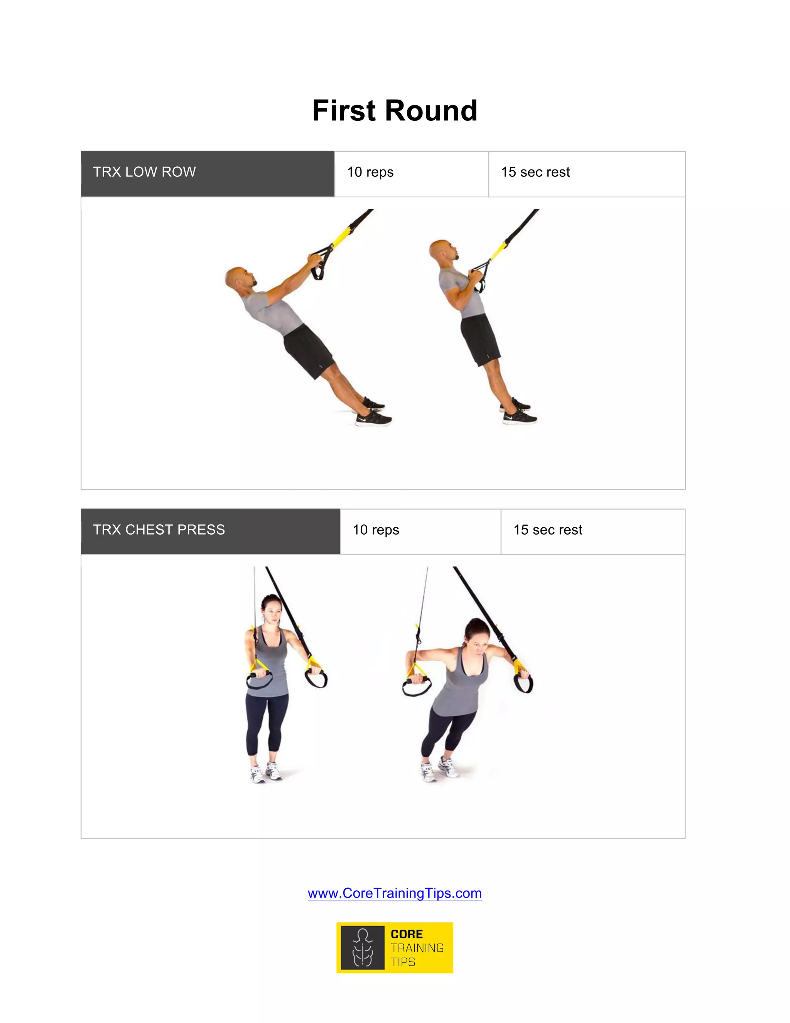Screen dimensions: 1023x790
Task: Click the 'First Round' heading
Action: point(395,111)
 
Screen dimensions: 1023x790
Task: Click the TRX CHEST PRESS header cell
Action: point(210,531)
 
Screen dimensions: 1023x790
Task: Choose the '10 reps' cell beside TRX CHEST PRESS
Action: point(420,531)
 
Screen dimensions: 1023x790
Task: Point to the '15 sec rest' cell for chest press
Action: point(592,531)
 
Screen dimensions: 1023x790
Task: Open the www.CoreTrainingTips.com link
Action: point(395,893)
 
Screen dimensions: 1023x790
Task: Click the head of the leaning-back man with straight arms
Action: point(238,279)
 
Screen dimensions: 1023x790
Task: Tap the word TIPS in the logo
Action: point(403,962)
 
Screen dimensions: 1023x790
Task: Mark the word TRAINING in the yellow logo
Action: point(417,948)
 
